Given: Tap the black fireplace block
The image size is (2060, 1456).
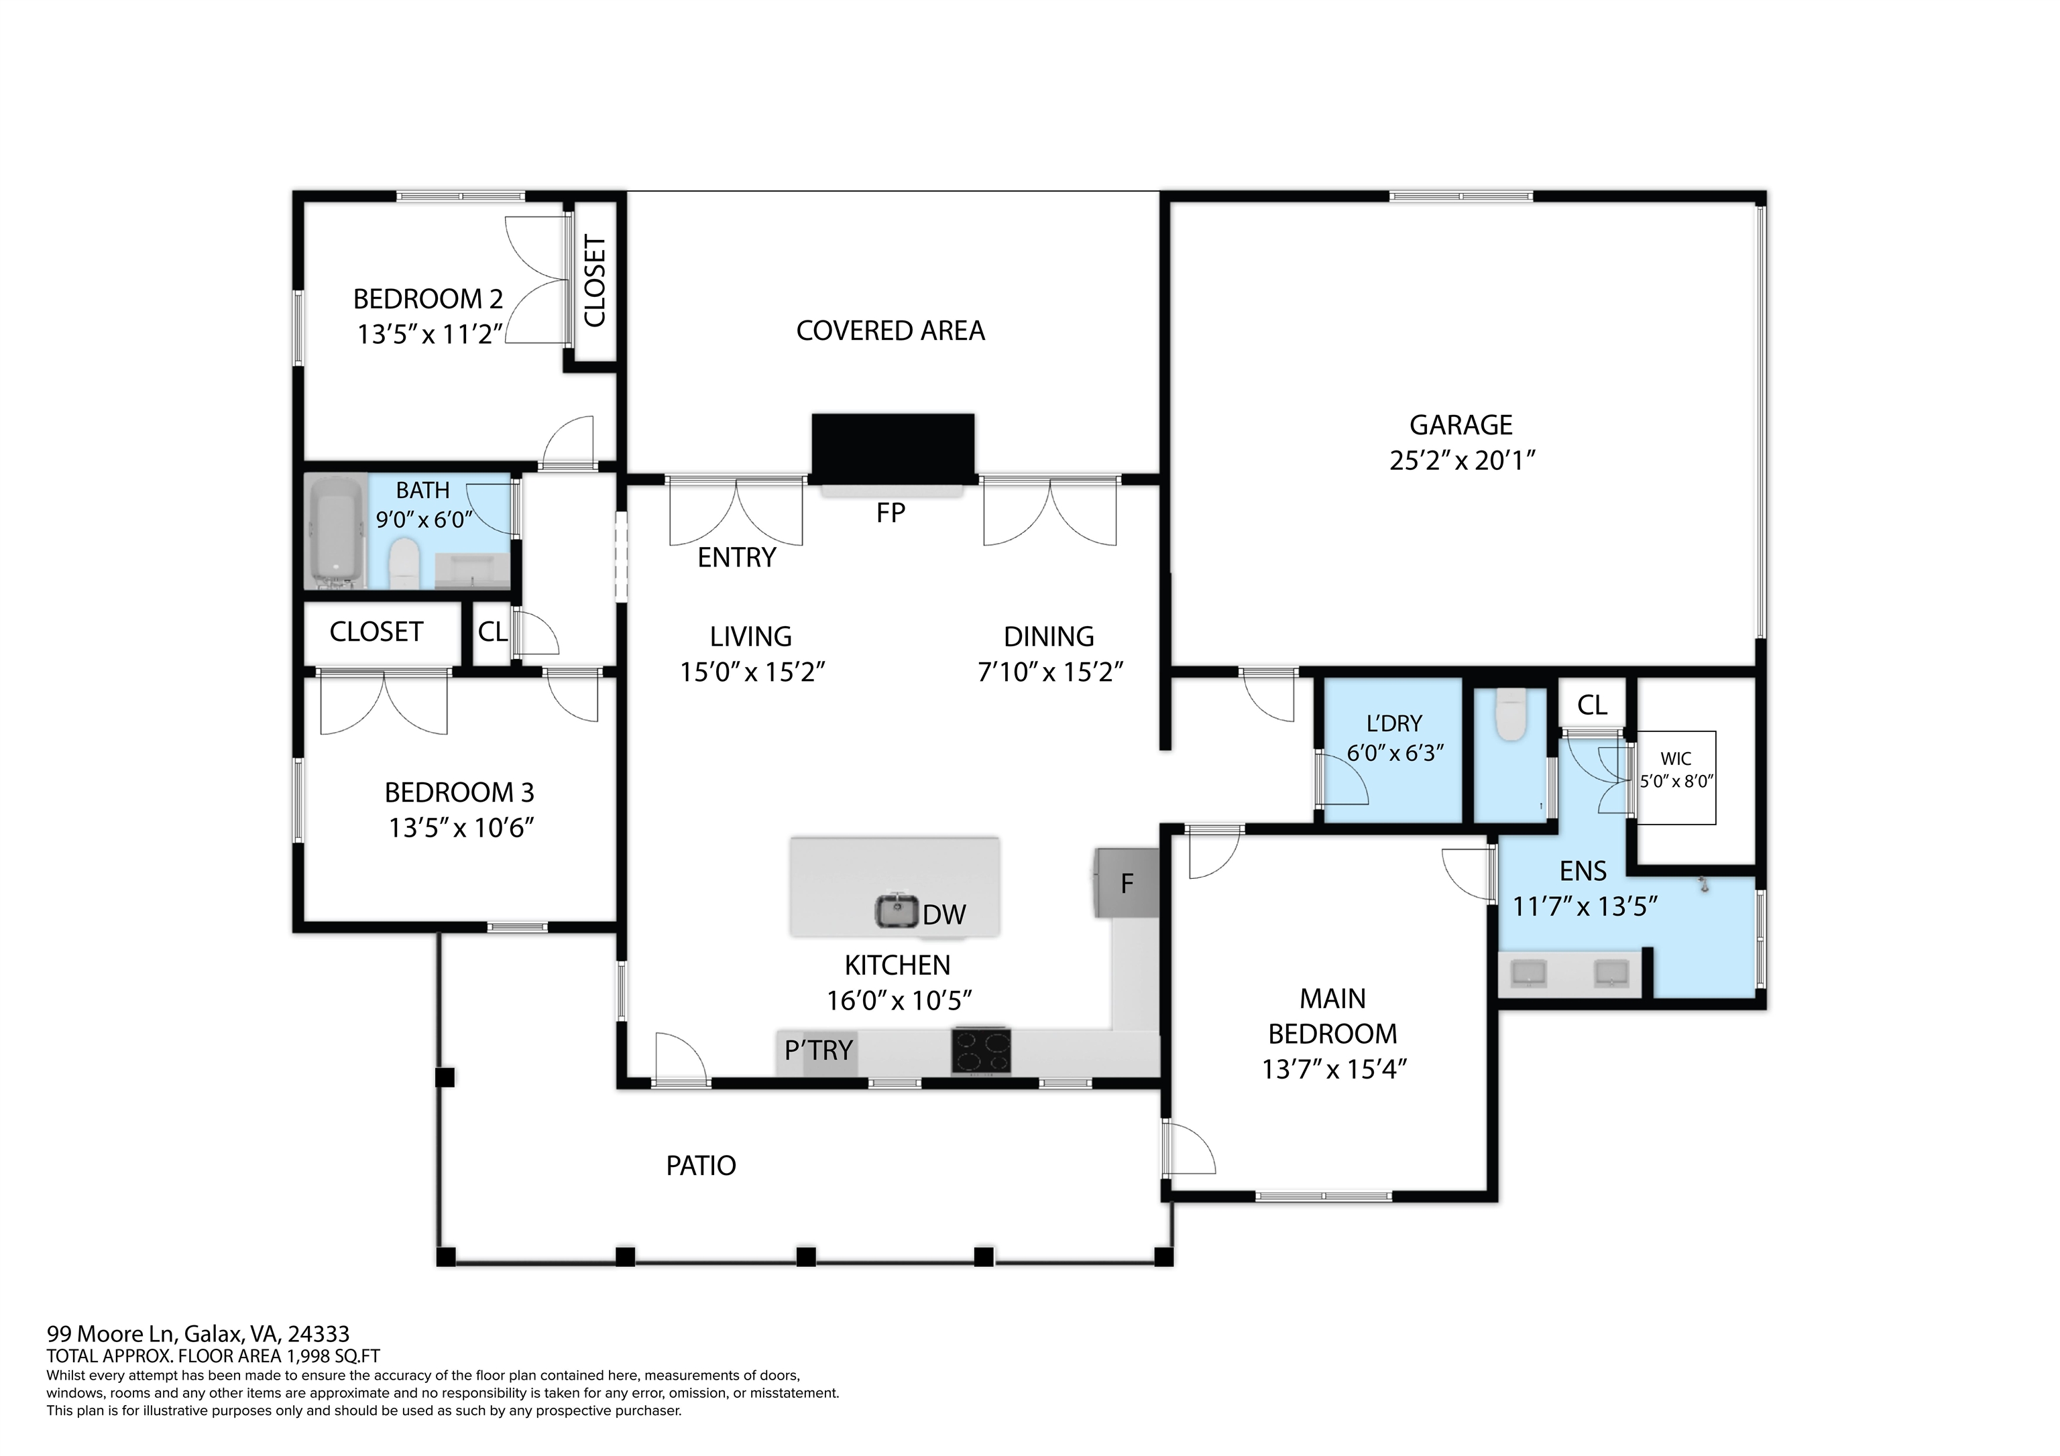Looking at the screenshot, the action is pyautogui.click(x=893, y=448).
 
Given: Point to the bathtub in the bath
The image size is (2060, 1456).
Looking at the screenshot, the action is pyautogui.click(x=337, y=531).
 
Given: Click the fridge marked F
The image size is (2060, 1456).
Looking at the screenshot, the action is pyautogui.click(x=1126, y=883).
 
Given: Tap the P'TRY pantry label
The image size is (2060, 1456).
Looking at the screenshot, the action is pyautogui.click(x=818, y=1050).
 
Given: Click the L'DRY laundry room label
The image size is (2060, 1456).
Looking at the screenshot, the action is pyautogui.click(x=1393, y=723).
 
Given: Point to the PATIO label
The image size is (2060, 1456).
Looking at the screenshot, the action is pyautogui.click(x=701, y=1165).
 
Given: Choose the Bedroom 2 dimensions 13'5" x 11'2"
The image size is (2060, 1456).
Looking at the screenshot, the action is pyautogui.click(x=430, y=334).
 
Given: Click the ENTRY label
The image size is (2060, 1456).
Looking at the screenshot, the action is pyautogui.click(x=736, y=558).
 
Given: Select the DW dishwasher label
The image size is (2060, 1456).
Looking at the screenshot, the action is pyautogui.click(x=944, y=914).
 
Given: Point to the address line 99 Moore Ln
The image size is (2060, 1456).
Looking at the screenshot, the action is pyautogui.click(x=198, y=1334).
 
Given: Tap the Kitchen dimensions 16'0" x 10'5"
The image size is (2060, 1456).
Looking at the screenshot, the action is pyautogui.click(x=899, y=1000).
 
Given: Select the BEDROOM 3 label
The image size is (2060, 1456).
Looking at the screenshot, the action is pyautogui.click(x=459, y=792).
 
